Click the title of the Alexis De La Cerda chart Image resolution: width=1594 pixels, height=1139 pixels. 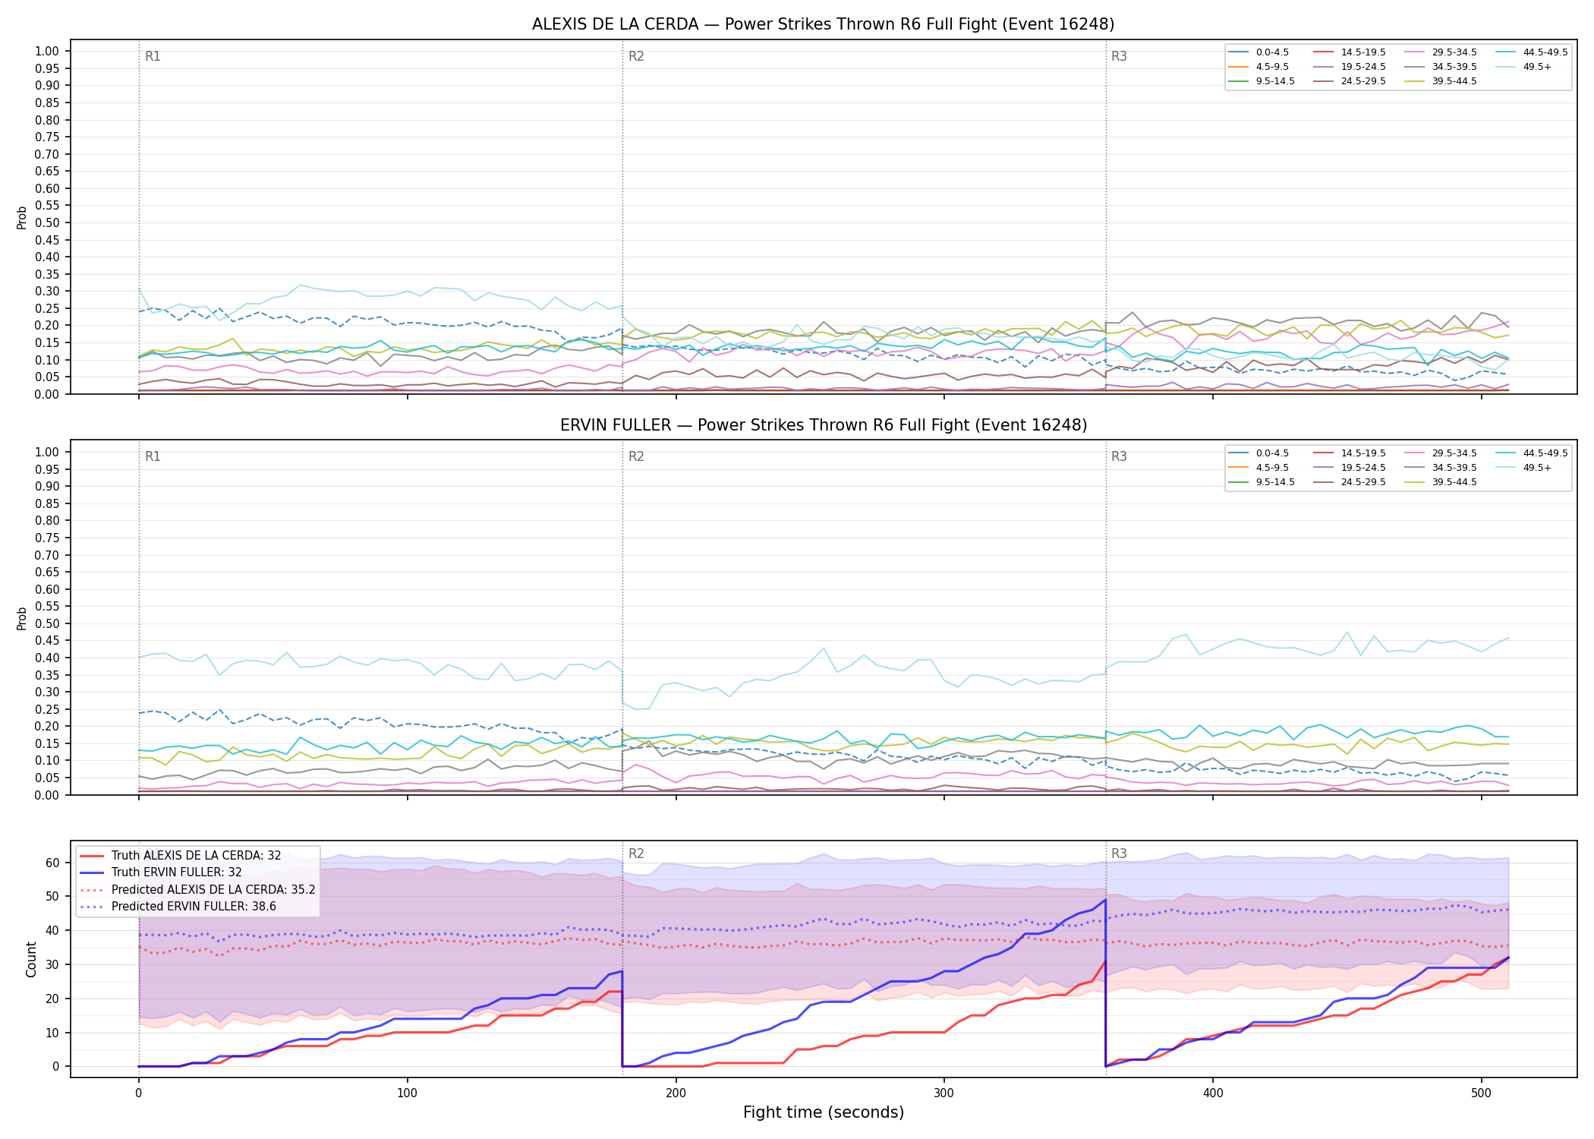(823, 24)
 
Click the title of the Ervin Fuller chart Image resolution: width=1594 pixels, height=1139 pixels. (823, 425)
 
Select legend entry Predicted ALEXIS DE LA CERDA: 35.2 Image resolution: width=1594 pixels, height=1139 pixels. (197, 889)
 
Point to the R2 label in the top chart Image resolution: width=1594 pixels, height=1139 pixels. (636, 56)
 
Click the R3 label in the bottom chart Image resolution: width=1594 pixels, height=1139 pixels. (1119, 853)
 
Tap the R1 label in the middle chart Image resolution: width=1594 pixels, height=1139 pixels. (153, 456)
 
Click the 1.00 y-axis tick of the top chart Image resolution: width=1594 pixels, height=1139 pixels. (47, 52)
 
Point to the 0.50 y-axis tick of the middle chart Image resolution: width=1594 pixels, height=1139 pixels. (47, 623)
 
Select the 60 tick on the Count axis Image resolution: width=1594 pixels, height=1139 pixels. (52, 863)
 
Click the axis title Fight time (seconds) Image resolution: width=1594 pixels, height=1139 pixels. (824, 1112)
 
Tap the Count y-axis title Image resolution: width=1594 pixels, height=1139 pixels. (31, 959)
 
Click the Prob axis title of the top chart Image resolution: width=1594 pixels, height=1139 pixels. (22, 217)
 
